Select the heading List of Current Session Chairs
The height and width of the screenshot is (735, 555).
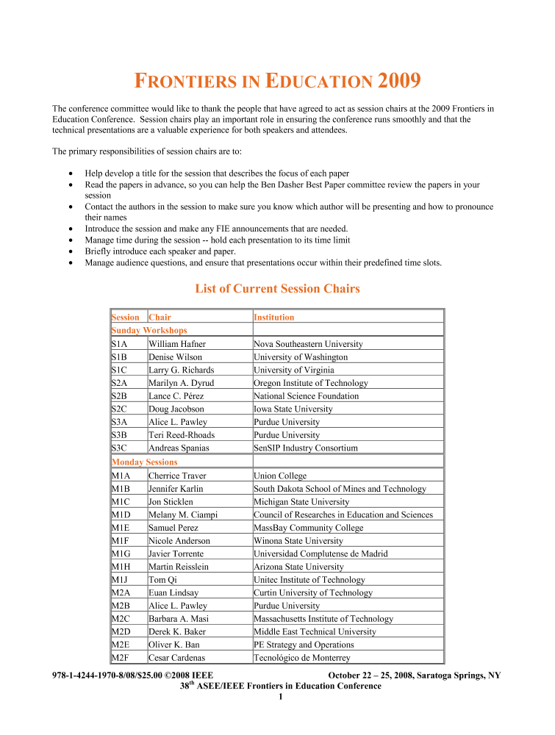pos(277,289)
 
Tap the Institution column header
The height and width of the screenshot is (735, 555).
pos(273,318)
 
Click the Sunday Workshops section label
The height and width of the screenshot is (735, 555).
pos(148,331)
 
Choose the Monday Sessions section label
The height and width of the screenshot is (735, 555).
pos(144,462)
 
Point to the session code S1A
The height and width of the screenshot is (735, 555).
pos(120,344)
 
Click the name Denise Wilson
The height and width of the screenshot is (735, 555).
pos(176,357)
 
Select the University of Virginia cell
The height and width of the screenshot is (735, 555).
pos(293,370)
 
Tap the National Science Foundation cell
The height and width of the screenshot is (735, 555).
pos(306,396)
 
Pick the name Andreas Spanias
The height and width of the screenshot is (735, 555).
pos(179,448)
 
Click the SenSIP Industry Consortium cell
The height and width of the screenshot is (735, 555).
pos(306,448)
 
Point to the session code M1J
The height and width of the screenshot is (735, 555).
pos(121,580)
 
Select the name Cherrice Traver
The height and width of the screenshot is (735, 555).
pos(177,476)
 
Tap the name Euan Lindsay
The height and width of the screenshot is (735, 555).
pos(173,593)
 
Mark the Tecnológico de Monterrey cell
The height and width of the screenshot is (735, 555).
pos(301,658)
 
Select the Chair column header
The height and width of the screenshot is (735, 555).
pos(160,318)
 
